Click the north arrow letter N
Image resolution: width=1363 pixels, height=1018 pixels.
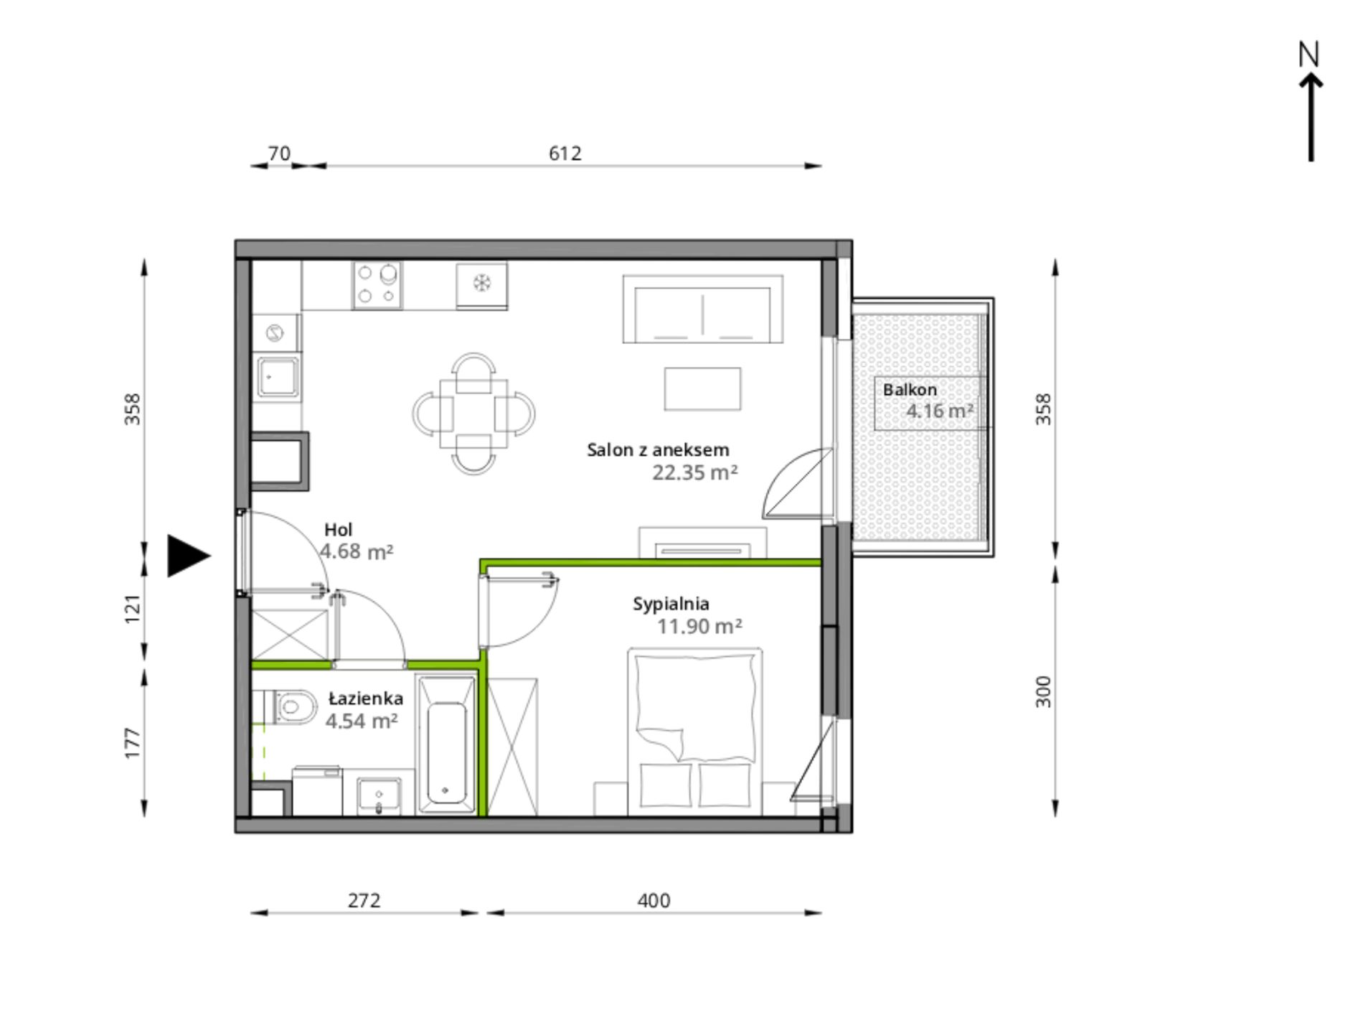point(1309,55)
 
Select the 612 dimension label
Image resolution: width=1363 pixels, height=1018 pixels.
point(565,153)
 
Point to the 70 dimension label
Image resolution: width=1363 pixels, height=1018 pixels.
point(279,153)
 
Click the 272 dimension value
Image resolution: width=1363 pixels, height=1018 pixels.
point(364,900)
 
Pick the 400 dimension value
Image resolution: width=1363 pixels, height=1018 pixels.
point(654,900)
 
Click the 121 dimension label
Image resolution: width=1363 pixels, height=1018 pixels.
point(133,609)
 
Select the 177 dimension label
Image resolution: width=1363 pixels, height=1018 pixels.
point(133,743)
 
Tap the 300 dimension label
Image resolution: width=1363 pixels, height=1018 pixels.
point(1043,691)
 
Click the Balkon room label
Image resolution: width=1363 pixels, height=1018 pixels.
point(910,390)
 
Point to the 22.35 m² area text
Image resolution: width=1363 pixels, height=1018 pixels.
point(694,472)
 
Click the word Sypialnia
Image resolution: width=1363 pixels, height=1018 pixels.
point(671,604)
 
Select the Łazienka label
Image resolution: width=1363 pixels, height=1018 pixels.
point(365,699)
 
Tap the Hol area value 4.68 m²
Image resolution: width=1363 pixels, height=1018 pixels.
point(356,551)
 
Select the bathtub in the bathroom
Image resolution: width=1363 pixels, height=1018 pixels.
point(445,747)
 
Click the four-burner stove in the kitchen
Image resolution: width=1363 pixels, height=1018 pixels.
point(377,285)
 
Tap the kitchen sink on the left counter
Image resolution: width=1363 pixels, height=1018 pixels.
point(278,377)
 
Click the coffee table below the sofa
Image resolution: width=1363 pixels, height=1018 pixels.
point(702,388)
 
